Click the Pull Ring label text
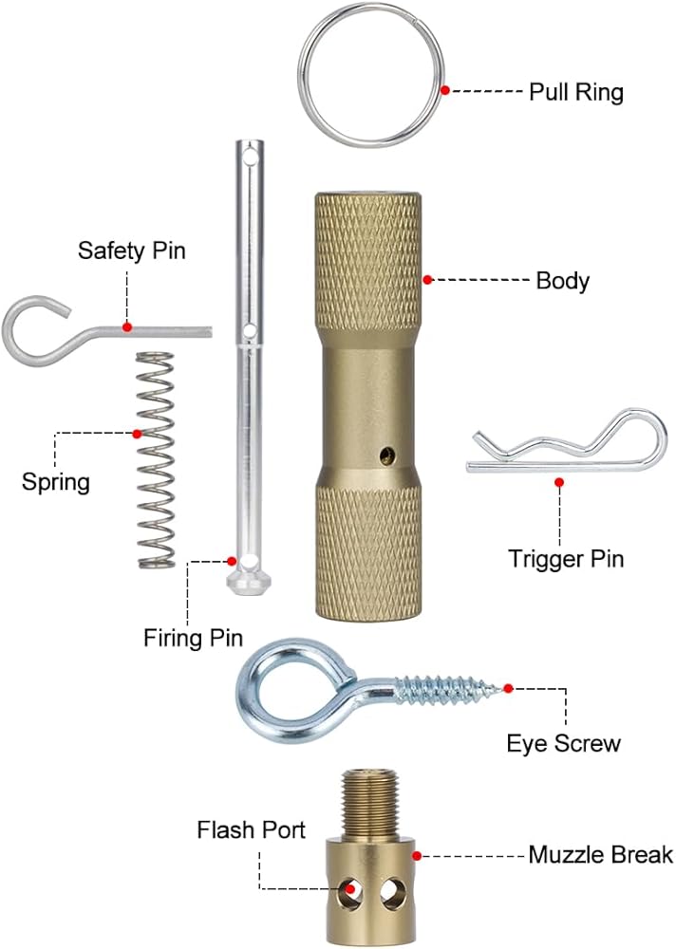point(575,92)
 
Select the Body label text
point(563,281)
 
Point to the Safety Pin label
point(132,251)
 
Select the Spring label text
point(56,481)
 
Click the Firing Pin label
point(194,637)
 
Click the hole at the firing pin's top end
point(249,152)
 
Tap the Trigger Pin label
point(567,558)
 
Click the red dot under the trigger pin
point(559,482)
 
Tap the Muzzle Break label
point(600,855)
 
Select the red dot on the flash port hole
point(351,889)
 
